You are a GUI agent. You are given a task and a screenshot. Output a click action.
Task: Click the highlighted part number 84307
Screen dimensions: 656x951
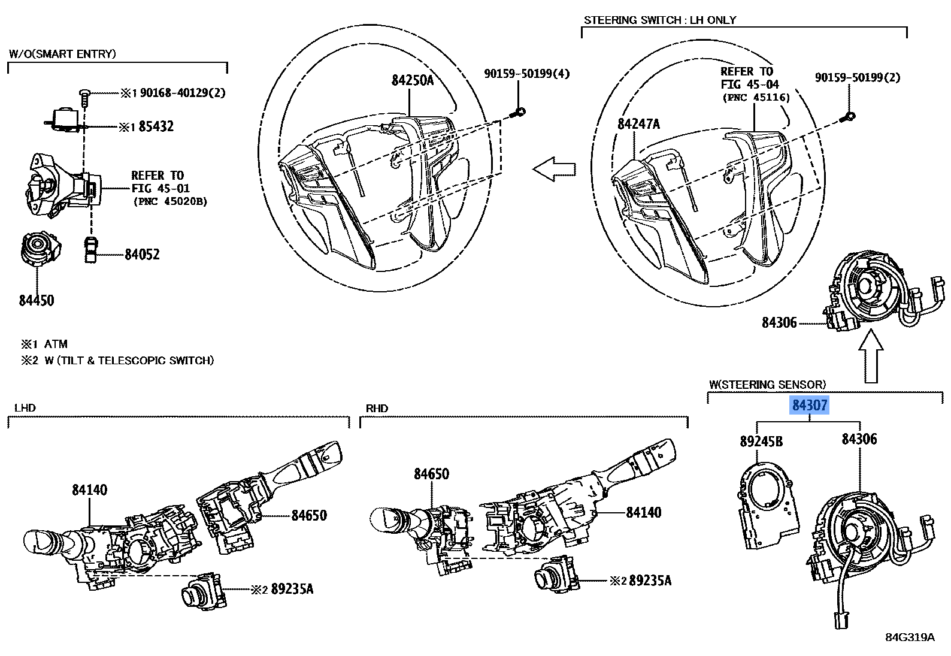pos(809,406)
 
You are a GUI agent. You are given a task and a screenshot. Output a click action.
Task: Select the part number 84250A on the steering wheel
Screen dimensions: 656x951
pos(412,80)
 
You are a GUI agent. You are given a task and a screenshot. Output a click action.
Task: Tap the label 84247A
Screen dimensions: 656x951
pos(638,124)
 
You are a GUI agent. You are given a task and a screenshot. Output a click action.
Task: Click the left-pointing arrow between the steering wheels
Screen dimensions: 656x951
pos(554,170)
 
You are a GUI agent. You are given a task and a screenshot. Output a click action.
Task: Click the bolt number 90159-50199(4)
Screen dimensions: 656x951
pos(526,74)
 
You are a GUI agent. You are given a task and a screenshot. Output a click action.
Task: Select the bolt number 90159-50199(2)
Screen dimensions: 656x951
pos(858,77)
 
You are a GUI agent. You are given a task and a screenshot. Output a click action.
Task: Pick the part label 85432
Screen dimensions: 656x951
pos(156,126)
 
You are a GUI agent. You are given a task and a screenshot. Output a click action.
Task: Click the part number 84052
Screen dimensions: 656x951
pos(142,255)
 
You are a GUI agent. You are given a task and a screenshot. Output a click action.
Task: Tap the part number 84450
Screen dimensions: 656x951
pos(36,300)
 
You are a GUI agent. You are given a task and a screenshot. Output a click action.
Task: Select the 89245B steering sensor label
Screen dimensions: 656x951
pos(761,442)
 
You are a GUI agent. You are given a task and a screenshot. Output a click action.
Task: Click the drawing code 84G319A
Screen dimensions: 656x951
pos(910,637)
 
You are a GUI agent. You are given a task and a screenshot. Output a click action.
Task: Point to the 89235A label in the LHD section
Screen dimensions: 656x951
pos(292,589)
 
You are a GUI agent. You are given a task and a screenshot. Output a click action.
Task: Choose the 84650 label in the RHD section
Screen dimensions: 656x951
pos(431,474)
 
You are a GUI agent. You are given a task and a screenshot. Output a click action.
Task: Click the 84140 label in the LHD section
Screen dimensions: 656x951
pos(90,489)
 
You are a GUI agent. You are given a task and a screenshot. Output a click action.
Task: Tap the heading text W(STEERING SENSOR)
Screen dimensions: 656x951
pos(767,384)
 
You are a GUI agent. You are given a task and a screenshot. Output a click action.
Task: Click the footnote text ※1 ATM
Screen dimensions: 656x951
pos(45,344)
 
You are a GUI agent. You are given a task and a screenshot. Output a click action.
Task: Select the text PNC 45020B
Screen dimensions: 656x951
pos(170,202)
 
